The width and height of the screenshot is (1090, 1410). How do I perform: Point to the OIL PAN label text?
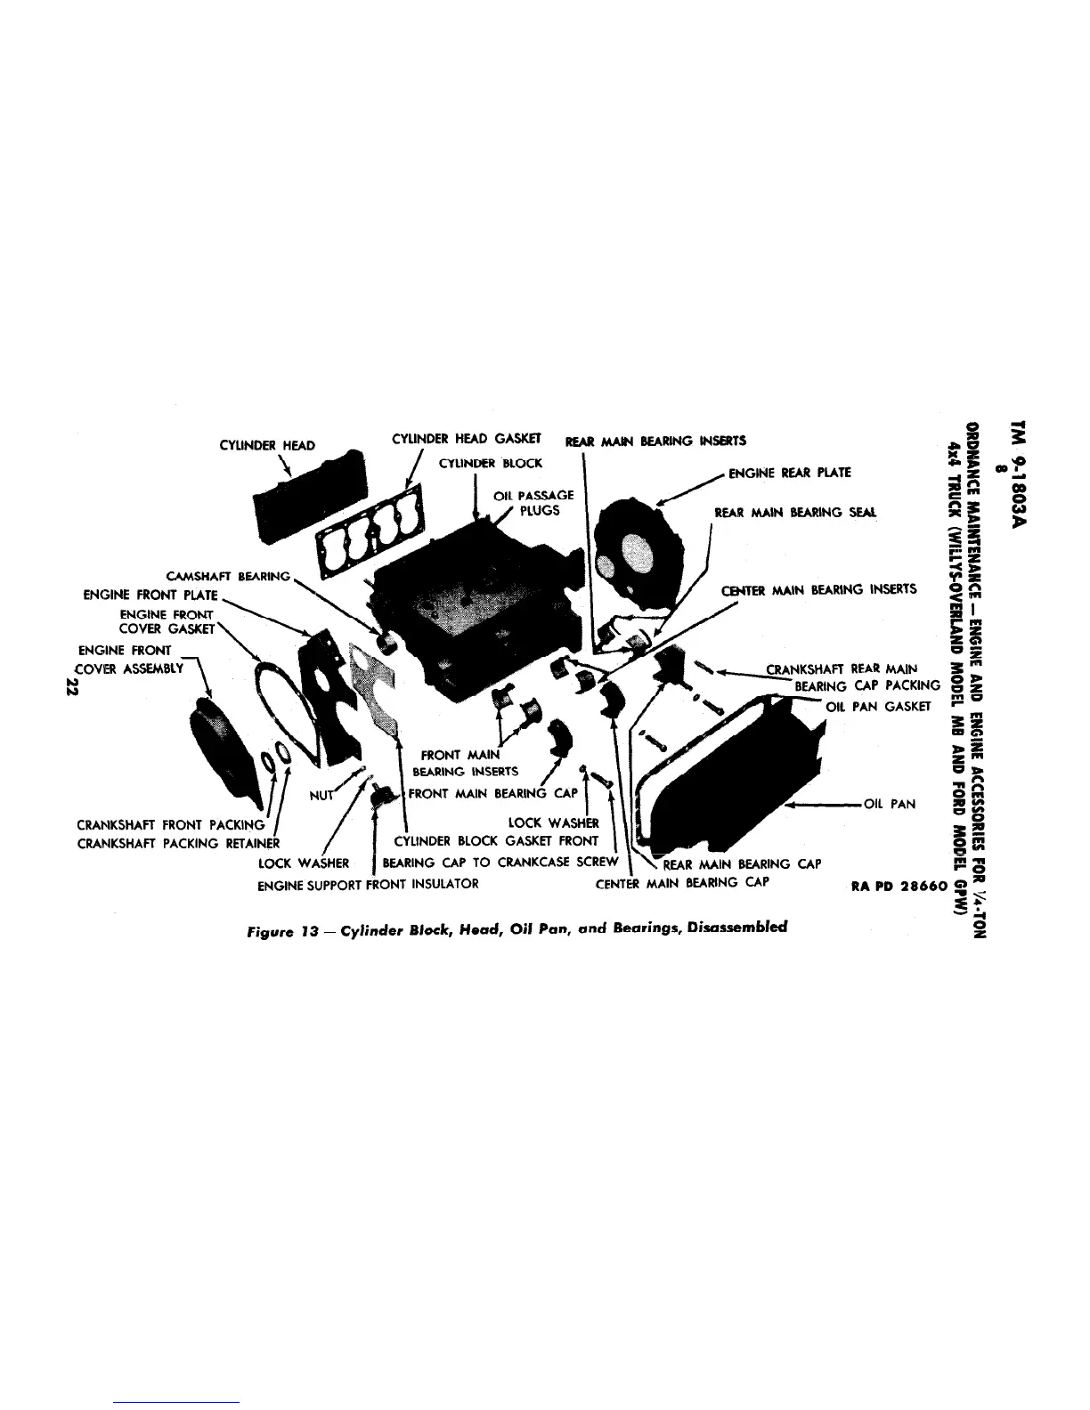click(890, 804)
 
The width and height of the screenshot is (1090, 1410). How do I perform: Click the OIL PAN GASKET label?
click(879, 706)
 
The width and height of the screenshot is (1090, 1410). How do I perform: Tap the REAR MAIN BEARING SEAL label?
click(795, 513)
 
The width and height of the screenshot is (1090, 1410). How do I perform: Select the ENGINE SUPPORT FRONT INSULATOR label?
click(368, 884)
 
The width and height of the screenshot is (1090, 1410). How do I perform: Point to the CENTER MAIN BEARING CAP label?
click(682, 883)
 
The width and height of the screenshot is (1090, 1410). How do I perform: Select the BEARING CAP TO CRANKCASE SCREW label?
click(500, 863)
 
